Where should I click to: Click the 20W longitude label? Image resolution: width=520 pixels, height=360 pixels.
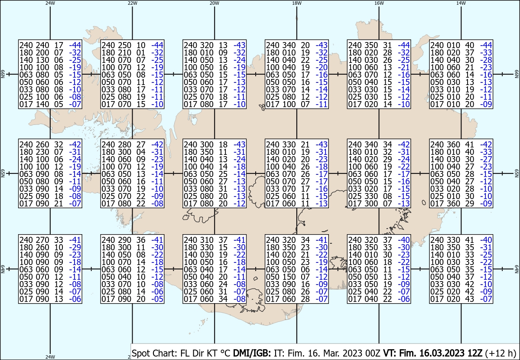pyautogui.click(x=214, y=3)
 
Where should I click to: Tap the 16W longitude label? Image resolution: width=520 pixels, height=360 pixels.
pyautogui.click(x=379, y=3)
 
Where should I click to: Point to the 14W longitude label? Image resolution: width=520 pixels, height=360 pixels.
pyautogui.click(x=461, y=3)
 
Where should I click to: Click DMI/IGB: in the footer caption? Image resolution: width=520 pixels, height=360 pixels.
pyautogui.click(x=252, y=353)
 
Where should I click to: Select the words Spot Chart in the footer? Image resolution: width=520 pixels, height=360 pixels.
pyautogui.click(x=154, y=353)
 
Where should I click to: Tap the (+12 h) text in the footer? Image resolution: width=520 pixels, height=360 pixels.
pyautogui.click(x=500, y=353)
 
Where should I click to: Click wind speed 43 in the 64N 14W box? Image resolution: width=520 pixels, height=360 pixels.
pyautogui.click(x=469, y=299)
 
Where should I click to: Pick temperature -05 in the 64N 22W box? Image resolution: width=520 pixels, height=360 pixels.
pyautogui.click(x=157, y=299)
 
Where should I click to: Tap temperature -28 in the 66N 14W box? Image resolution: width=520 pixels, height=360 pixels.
pyautogui.click(x=486, y=60)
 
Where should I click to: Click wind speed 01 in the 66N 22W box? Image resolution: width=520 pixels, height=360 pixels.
pyautogui.click(x=141, y=52)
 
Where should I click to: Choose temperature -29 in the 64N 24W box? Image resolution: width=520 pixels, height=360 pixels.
pyautogui.click(x=75, y=247)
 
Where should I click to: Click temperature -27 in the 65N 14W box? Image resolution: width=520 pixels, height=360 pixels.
pyautogui.click(x=486, y=159)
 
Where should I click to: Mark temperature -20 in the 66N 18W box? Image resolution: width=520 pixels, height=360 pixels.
pyautogui.click(x=322, y=67)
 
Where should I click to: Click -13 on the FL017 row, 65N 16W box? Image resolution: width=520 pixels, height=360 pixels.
pyautogui.click(x=404, y=203)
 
